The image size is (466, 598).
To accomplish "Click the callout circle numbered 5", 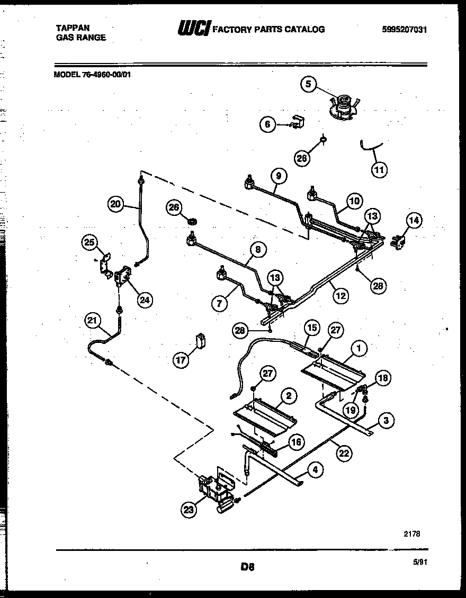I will pyautogui.click(x=309, y=84).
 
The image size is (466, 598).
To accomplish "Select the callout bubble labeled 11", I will pyautogui.click(x=379, y=169).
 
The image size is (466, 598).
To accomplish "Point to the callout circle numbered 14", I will pyautogui.click(x=414, y=220).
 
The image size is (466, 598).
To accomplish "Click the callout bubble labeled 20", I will pyautogui.click(x=115, y=204).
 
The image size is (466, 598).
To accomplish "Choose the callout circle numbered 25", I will pyautogui.click(x=90, y=242).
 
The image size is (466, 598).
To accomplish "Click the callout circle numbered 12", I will pyautogui.click(x=340, y=295).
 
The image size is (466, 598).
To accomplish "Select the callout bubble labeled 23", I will pyautogui.click(x=189, y=510).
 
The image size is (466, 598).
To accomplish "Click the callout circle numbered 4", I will pyautogui.click(x=315, y=469).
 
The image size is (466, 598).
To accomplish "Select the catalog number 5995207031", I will pyautogui.click(x=404, y=30).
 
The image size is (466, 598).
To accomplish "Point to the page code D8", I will pyautogui.click(x=247, y=567).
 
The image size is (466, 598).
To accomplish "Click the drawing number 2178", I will pyautogui.click(x=411, y=534).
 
